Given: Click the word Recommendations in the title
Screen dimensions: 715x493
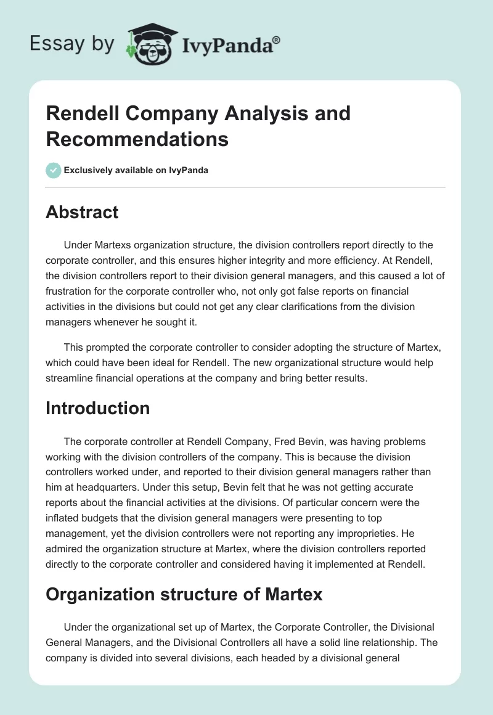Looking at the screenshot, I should [x=137, y=139].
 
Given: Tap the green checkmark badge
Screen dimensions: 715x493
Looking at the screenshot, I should [x=54, y=170].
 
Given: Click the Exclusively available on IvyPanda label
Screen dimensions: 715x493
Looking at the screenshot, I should [x=136, y=171].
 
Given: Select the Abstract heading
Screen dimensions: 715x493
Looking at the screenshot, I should [x=82, y=212].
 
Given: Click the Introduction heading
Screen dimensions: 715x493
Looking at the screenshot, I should [x=97, y=408].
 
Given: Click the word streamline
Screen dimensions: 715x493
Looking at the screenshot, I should [x=70, y=378].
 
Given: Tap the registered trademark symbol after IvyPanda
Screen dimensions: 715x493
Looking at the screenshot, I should [x=277, y=40].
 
